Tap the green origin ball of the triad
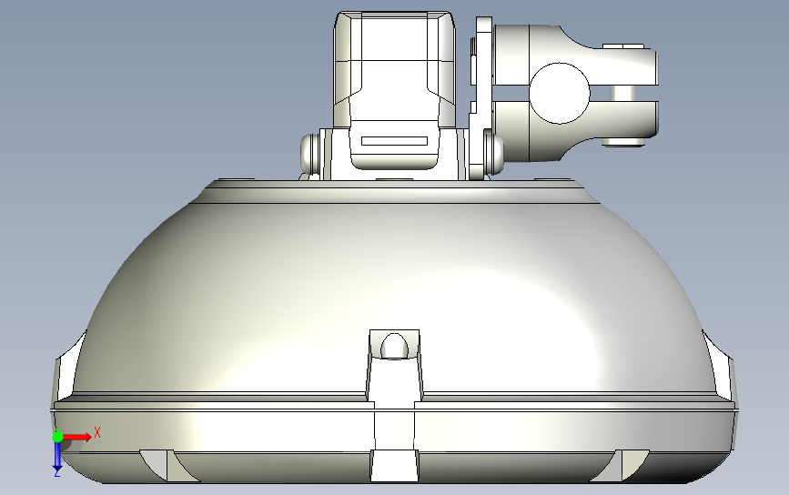[x=58, y=437]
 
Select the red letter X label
[x=96, y=433]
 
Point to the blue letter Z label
[x=56, y=473]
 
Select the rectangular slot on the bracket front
[x=394, y=142]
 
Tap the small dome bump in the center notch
[x=394, y=347]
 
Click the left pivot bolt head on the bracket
[x=309, y=153]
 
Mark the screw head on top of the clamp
[x=624, y=45]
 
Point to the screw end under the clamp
[x=625, y=142]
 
